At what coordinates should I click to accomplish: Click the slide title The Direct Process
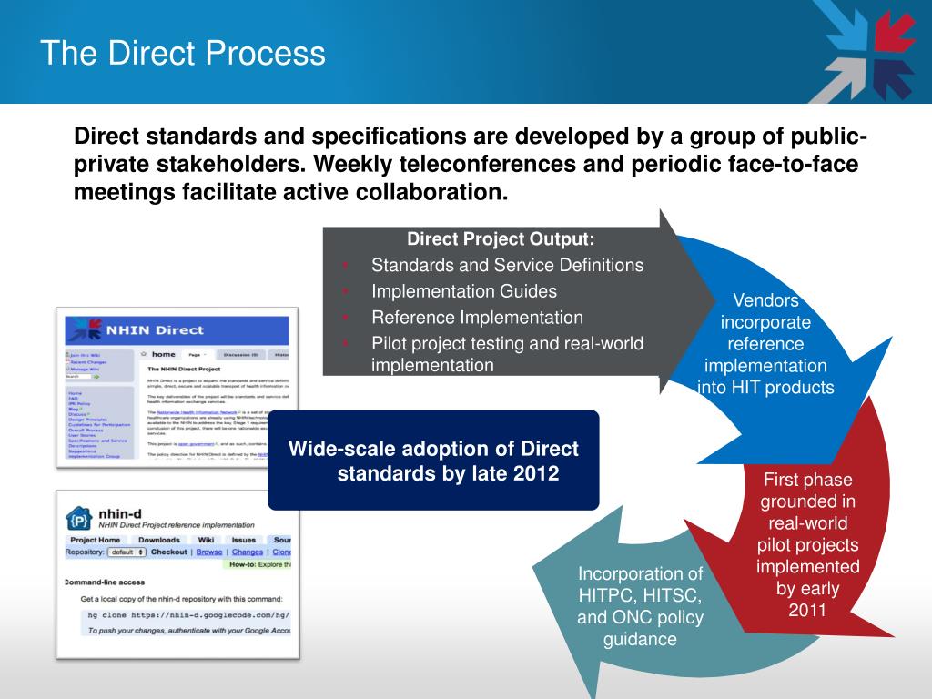point(182,53)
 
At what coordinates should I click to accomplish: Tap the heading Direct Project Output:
point(501,239)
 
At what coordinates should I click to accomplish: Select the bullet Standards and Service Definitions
point(507,266)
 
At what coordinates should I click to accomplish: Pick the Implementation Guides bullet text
point(464,291)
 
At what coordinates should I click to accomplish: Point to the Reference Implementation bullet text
point(477,318)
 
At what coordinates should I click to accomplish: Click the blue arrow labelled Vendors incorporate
point(765,344)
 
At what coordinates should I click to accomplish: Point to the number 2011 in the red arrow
point(807,609)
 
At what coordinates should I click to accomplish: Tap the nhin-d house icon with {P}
point(79,519)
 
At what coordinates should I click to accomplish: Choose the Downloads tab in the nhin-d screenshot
point(158,540)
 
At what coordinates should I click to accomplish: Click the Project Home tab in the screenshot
point(96,540)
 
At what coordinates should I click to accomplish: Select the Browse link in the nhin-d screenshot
point(209,552)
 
